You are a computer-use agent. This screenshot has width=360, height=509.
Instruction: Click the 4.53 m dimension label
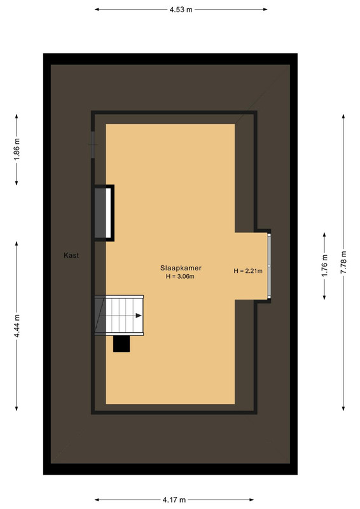pos(181,10)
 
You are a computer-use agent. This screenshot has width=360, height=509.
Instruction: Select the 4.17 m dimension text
pos(174,499)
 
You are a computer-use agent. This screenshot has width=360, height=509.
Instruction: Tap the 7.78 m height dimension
pos(343,262)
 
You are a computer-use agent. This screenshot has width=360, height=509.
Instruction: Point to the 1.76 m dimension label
pos(324,265)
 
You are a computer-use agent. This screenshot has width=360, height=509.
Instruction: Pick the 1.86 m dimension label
pos(17,149)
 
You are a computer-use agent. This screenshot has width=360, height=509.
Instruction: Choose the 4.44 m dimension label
pos(17,326)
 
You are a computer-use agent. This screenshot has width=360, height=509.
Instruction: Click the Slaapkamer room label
pos(181,268)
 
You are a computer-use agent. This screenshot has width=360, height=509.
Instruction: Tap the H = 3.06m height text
pos(180,277)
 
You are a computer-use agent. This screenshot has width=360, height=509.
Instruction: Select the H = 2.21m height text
pos(248,271)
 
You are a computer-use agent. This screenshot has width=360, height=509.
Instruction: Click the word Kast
pos(71,255)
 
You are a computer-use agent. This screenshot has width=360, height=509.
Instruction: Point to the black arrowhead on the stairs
pos(139,316)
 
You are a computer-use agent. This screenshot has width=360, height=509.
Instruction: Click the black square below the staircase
pos(121,344)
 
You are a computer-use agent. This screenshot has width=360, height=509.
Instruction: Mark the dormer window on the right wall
pos(269,265)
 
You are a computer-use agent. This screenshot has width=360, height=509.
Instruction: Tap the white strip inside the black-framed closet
pos(108,213)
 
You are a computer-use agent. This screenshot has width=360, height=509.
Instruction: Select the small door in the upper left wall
pos(93,144)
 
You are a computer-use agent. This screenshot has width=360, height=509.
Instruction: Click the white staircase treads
pos(124,315)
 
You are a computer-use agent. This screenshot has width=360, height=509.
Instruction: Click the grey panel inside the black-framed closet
pos(100,213)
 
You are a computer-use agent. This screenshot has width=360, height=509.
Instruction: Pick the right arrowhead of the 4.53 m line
pos(265,10)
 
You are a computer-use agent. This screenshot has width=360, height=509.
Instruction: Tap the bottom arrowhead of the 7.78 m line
pos(343,408)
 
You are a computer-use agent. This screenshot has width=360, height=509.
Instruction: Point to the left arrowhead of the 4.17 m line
pos(97,499)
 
